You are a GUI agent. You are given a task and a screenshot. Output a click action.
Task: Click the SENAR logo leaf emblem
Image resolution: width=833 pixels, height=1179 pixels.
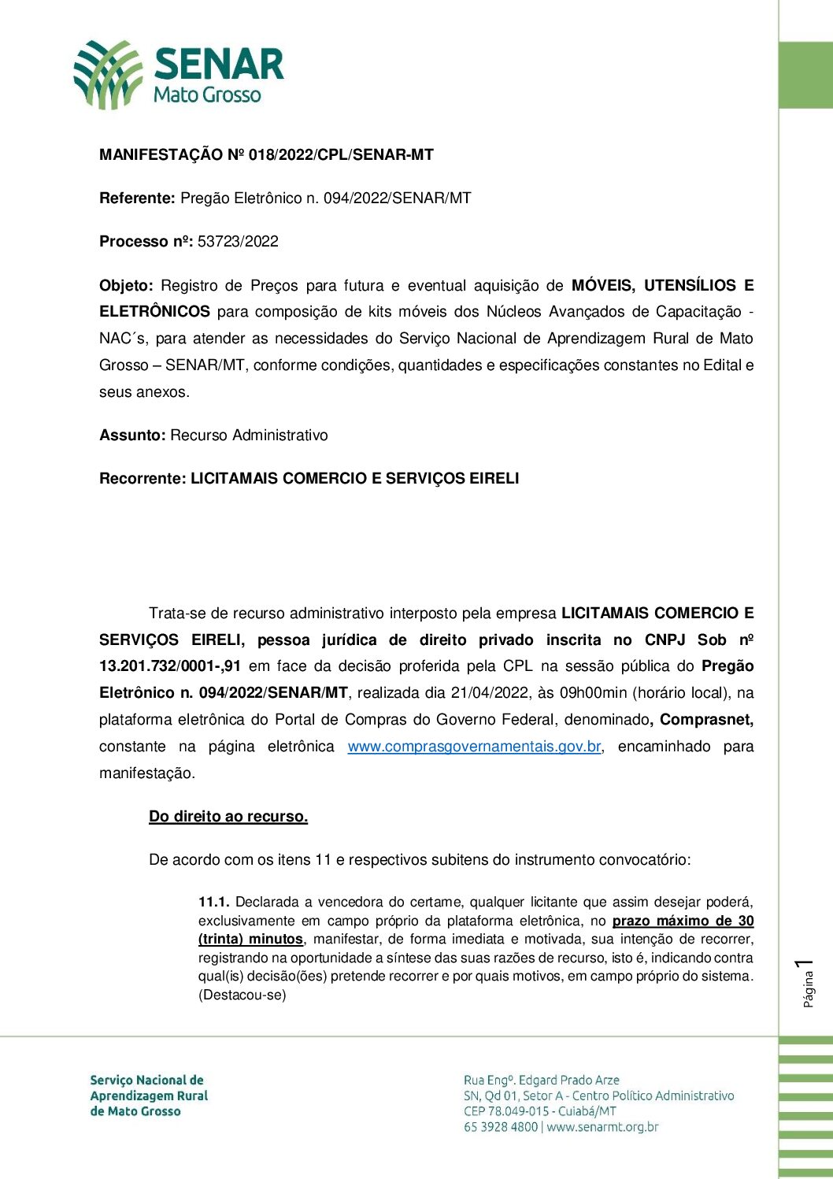point(108,74)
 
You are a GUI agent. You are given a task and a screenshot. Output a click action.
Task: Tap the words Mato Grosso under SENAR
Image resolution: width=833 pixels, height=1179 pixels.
point(207,95)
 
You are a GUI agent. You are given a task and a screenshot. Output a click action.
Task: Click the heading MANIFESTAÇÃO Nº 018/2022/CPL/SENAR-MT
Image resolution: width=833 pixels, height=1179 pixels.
point(266,155)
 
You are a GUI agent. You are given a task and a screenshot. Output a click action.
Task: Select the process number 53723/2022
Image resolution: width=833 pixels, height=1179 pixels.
point(238,242)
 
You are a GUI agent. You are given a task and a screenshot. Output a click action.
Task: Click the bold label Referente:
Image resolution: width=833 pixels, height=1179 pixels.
point(137,198)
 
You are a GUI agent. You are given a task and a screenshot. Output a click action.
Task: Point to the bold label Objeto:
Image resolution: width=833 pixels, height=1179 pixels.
point(126,285)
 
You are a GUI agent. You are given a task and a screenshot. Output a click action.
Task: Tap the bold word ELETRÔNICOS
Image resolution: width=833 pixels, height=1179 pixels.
point(154,312)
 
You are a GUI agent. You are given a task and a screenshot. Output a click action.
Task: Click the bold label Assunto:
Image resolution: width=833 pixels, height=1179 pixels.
point(132,436)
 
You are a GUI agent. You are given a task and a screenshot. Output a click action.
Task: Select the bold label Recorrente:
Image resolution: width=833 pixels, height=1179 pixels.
point(143,479)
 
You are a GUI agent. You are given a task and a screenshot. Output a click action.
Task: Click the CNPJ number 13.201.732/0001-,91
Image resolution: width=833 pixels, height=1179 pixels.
point(170,666)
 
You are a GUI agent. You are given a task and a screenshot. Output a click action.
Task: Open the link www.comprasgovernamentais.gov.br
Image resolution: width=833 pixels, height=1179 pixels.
point(475,747)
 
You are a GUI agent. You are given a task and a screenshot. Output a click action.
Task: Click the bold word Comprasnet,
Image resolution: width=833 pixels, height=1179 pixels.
point(706,720)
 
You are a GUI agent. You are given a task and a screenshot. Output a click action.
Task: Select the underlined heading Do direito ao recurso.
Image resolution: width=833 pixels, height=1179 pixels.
point(228,817)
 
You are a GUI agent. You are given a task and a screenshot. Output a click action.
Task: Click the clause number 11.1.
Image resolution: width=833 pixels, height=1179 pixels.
point(213,902)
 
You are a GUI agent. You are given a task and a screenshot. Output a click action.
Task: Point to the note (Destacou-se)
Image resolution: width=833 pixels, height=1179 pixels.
point(242,995)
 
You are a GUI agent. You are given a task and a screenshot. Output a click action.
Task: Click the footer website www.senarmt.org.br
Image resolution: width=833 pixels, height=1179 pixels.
point(602,1127)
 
